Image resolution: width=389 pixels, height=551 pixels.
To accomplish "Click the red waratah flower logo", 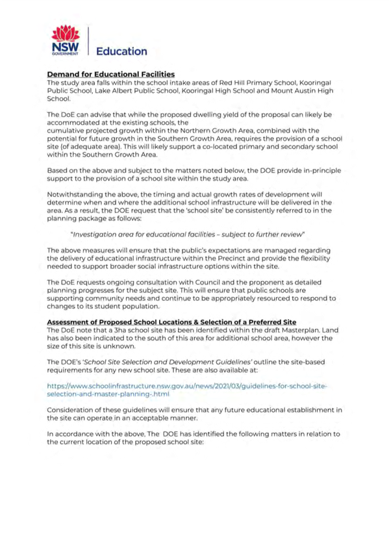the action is (66, 33).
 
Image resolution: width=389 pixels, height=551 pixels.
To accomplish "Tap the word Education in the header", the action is (121, 51).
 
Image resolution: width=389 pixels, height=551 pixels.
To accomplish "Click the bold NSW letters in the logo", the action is (66, 47).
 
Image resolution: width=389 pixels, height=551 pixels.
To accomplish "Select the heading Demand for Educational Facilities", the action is (111, 74).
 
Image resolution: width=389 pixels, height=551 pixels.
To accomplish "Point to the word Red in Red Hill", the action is (225, 83).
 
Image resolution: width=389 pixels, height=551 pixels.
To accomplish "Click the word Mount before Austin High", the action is (281, 91).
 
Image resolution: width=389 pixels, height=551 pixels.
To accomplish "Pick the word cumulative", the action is (64, 131).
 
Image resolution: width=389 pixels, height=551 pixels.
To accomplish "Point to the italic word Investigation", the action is (93, 235).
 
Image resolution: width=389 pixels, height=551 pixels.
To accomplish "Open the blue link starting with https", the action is (187, 390).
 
